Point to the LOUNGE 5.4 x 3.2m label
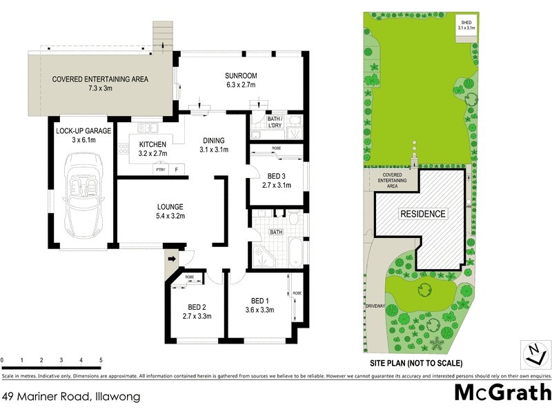[169, 210]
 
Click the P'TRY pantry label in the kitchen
[161, 169]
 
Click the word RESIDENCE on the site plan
[423, 214]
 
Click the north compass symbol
[533, 353]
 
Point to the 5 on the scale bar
[101, 360]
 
